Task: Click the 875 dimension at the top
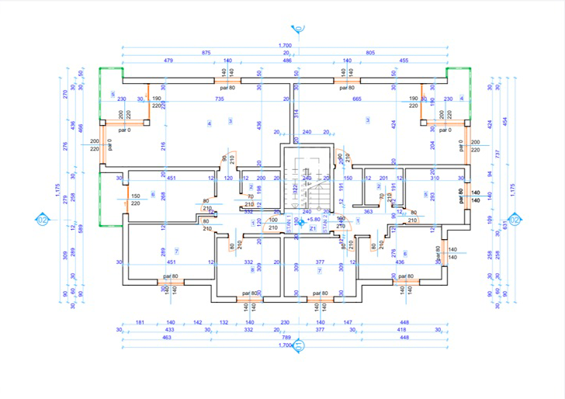[x=206, y=53]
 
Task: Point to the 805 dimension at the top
[x=370, y=53]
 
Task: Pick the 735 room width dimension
[x=219, y=99]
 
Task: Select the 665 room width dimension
[x=357, y=99]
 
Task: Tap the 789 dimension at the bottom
[x=285, y=338]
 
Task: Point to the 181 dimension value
[x=140, y=321]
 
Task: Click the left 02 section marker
[x=43, y=220]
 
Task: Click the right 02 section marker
[x=515, y=220]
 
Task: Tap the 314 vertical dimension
[x=296, y=113]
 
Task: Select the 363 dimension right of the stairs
[x=368, y=211]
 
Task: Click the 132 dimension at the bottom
[x=224, y=321]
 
